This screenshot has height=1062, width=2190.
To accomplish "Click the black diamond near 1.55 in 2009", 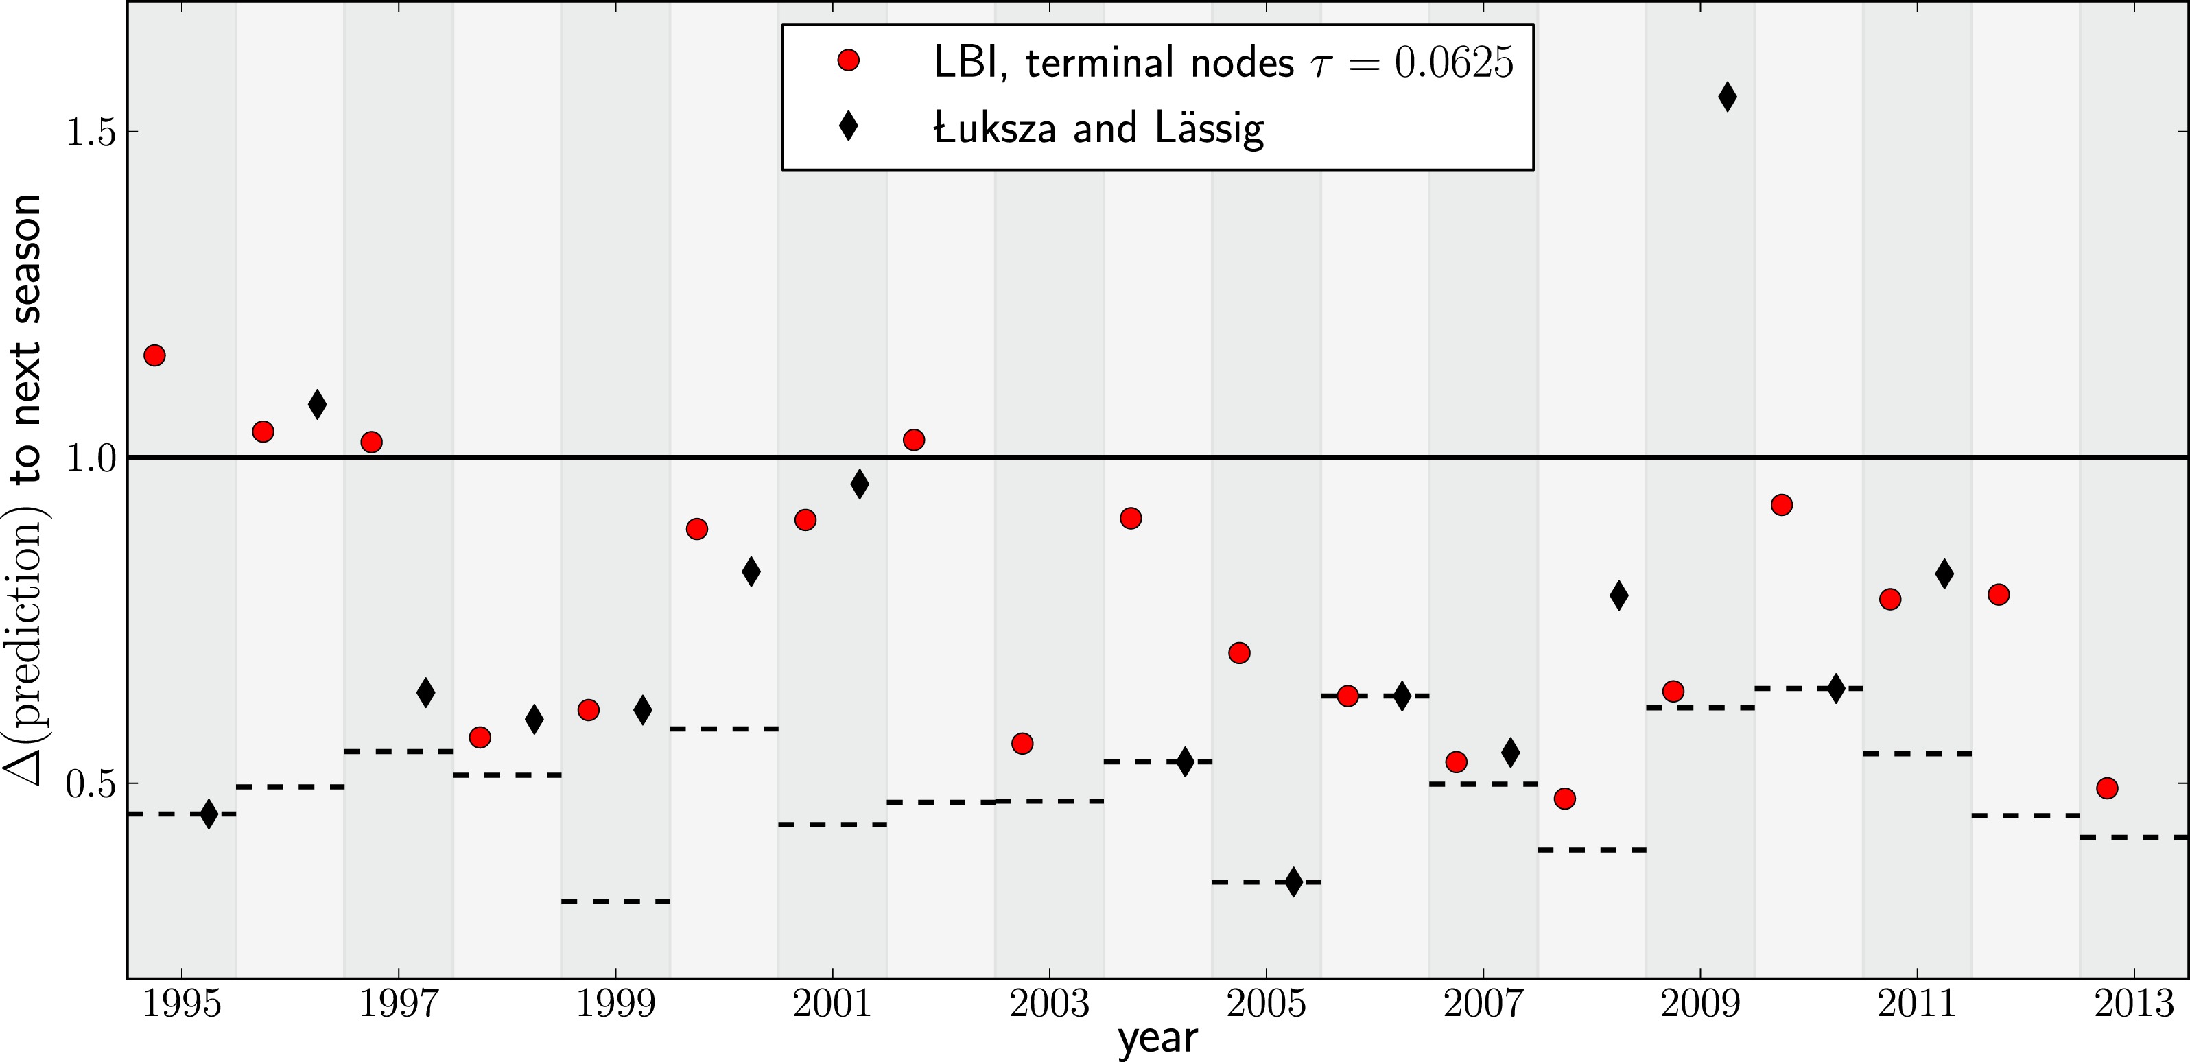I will pos(1727,97).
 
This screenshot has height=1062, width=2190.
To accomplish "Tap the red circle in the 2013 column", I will pos(2107,788).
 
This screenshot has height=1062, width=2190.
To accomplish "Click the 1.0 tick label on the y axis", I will pos(90,458).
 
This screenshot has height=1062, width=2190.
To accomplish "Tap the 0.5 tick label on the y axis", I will pos(90,784).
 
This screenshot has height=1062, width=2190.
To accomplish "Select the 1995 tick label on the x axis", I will pos(181,1004).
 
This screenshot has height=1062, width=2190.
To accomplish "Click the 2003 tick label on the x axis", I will pos(1049,1004).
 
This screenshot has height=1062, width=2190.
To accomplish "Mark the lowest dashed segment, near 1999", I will pos(615,901).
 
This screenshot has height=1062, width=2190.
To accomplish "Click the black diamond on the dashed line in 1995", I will pos(209,814).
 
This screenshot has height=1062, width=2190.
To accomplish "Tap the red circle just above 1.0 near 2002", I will pos(914,440).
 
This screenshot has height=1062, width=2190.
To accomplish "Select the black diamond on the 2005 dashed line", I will pos(1293,882).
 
